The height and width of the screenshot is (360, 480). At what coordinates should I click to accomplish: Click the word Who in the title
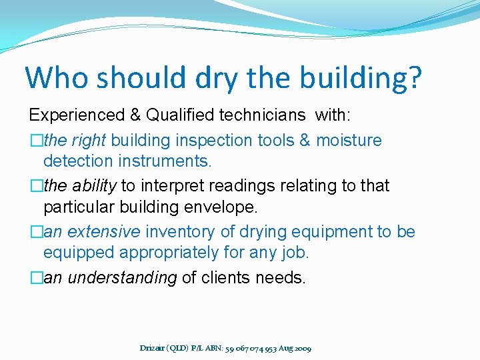pyautogui.click(x=57, y=77)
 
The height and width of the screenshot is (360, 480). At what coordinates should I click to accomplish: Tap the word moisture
pyautogui.click(x=349, y=141)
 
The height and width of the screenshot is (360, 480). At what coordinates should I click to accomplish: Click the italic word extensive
pyautogui.click(x=104, y=232)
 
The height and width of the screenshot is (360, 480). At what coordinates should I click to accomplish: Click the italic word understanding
pyautogui.click(x=122, y=278)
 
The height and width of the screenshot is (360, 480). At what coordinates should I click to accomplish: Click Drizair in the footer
pyautogui.click(x=154, y=348)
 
